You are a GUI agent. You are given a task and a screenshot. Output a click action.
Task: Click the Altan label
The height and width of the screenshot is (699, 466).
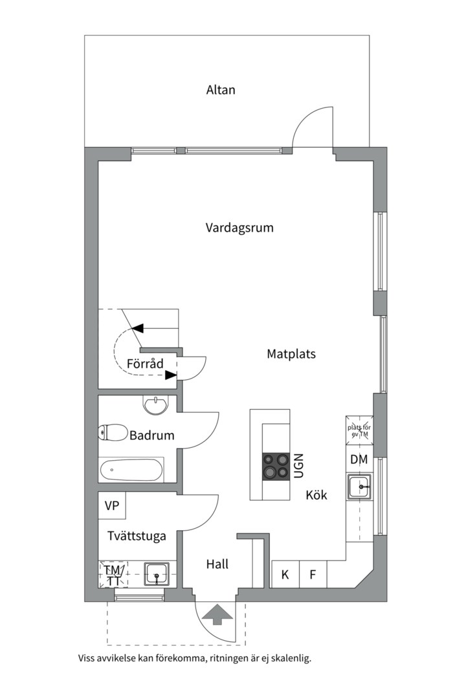[221, 90]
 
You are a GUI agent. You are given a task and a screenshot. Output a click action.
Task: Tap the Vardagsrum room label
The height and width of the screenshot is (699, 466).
[239, 228]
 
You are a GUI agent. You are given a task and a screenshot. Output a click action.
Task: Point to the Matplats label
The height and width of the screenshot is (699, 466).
[291, 354]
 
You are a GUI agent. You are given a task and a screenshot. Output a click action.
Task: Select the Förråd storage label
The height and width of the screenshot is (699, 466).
[145, 364]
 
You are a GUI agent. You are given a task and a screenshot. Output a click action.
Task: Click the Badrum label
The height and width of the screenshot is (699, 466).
[152, 436]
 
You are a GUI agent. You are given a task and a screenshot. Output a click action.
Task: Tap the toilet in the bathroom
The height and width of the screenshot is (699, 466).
[113, 432]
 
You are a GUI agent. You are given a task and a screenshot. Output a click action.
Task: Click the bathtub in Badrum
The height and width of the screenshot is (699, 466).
[131, 470]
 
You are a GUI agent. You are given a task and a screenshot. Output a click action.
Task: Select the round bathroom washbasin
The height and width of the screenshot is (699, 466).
[155, 406]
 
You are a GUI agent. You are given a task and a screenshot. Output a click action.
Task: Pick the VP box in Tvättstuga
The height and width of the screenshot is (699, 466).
[112, 505]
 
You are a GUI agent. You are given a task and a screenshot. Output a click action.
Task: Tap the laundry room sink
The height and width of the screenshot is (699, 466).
[156, 574]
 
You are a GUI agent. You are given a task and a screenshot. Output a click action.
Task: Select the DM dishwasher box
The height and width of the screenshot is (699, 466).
[359, 460]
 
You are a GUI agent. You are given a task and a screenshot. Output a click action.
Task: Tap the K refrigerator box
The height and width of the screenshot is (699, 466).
[285, 575]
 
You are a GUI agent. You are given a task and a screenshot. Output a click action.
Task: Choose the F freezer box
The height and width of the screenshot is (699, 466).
[313, 575]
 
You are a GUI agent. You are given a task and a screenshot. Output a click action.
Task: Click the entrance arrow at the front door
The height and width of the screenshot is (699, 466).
[217, 614]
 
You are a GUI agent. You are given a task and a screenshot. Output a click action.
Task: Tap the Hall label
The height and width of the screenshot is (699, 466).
[217, 564]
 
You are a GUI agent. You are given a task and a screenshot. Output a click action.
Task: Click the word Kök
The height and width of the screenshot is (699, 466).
[316, 496]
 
